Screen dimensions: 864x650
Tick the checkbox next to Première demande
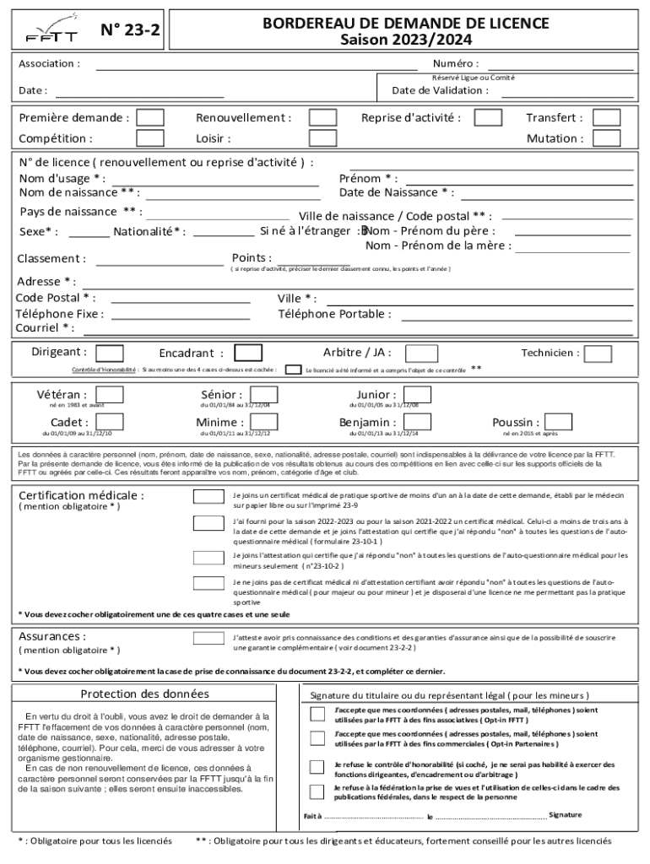[150, 118]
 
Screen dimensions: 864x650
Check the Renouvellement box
[322, 118]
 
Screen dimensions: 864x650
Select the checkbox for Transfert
[606, 118]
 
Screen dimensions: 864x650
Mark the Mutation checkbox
[606, 138]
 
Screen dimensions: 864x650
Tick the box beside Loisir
[322, 138]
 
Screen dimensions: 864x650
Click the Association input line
[257, 67]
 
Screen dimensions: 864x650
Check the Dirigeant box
[110, 353]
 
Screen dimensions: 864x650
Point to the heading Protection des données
[144, 694]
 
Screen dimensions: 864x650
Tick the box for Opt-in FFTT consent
[317, 715]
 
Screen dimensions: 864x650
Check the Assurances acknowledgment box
[208, 641]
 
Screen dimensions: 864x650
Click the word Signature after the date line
[565, 814]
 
